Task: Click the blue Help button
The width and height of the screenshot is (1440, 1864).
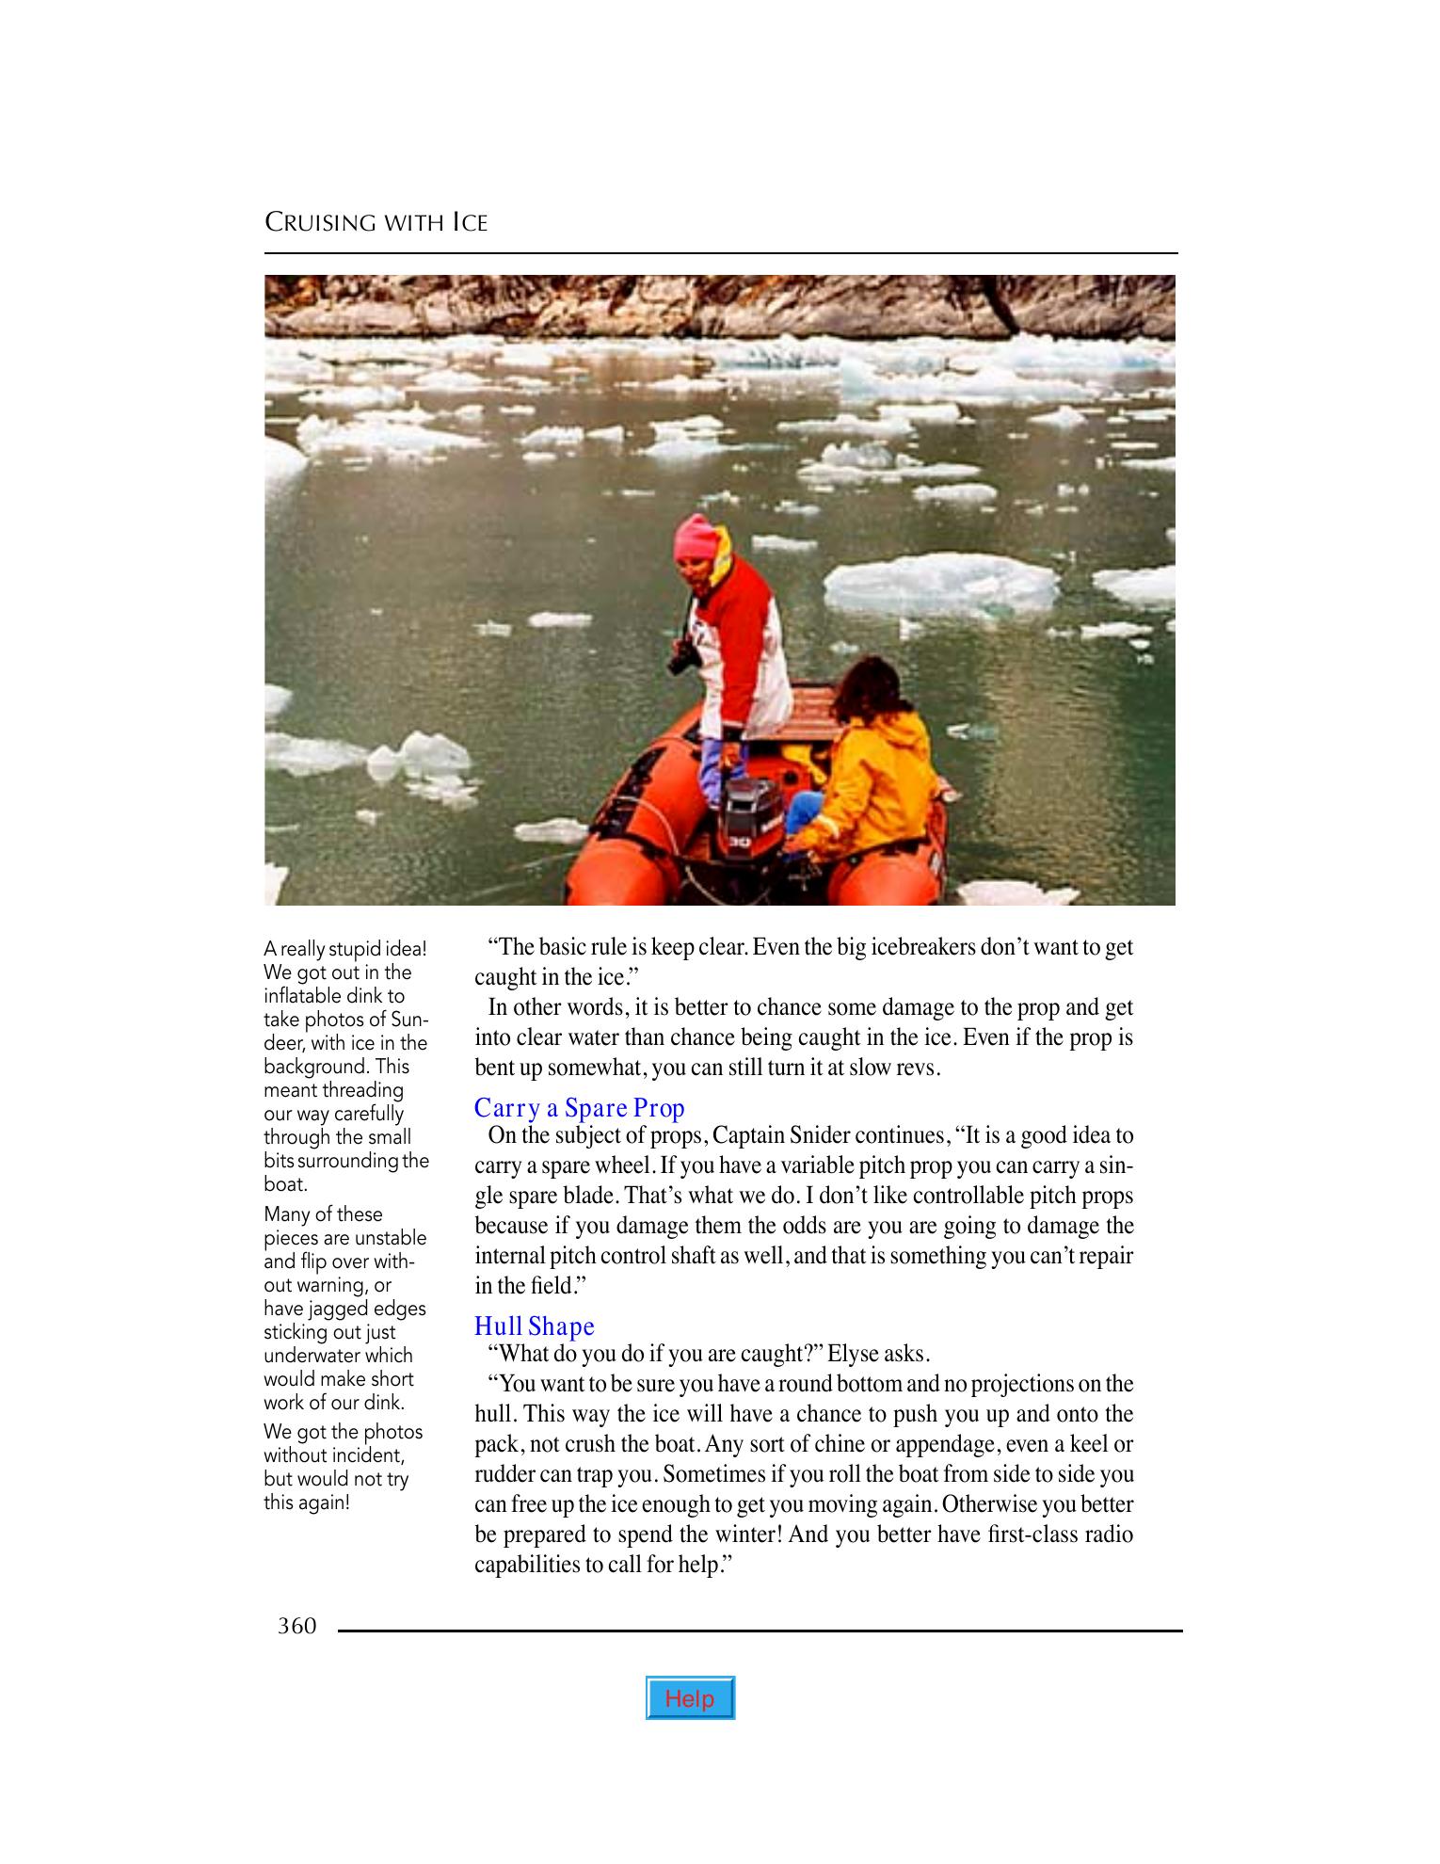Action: tap(690, 1698)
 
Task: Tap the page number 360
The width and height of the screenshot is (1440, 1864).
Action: tap(297, 1626)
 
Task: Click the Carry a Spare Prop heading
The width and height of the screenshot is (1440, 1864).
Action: tap(579, 1108)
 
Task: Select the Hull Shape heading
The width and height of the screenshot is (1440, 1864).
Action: tap(534, 1326)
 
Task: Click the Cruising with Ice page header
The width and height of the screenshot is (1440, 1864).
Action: tap(376, 223)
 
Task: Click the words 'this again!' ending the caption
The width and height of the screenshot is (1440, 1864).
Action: tap(306, 1502)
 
